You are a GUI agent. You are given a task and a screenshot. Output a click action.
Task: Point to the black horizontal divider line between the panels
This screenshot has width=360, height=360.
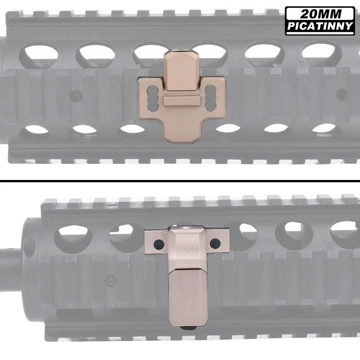[x=180, y=182]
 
